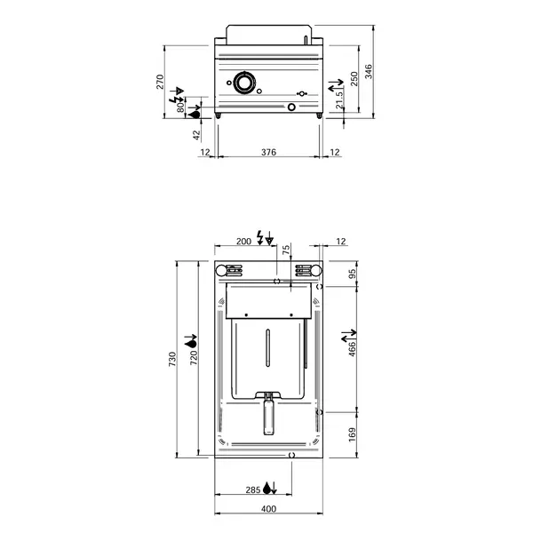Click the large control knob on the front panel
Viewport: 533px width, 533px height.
coord(244,84)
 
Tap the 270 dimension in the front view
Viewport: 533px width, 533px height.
coord(161,82)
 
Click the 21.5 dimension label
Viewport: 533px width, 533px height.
coord(339,102)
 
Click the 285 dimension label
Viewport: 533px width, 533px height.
coord(253,488)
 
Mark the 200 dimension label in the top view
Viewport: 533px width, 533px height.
coord(243,242)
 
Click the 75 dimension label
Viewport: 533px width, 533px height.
coord(286,251)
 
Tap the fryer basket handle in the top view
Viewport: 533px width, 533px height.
coord(268,416)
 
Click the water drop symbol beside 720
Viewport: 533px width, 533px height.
coord(190,341)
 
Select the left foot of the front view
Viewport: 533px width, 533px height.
coord(219,116)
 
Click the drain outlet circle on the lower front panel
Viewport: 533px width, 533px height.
coord(291,108)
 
